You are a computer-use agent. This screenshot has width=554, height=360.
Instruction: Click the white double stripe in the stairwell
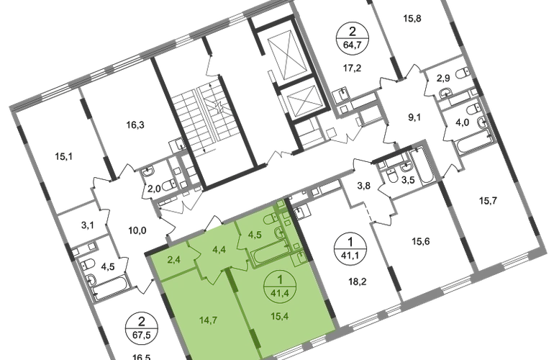pyautogui.click(x=209, y=116)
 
